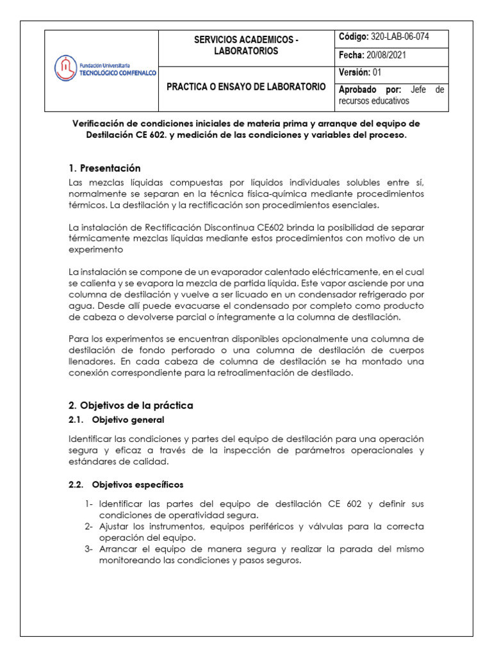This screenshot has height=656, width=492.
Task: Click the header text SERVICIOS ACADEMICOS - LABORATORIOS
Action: (246, 45)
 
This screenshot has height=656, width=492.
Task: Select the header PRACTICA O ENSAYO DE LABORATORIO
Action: (246, 86)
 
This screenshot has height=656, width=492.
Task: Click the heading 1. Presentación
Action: (104, 168)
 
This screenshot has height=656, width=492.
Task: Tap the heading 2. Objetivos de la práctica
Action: (130, 406)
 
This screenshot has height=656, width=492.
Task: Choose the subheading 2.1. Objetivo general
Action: (116, 420)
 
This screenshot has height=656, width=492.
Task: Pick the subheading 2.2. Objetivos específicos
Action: (126, 484)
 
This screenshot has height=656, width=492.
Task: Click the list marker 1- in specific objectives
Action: (89, 504)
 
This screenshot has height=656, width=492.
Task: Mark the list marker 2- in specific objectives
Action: (89, 527)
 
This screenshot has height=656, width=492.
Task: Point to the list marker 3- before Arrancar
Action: (89, 550)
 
